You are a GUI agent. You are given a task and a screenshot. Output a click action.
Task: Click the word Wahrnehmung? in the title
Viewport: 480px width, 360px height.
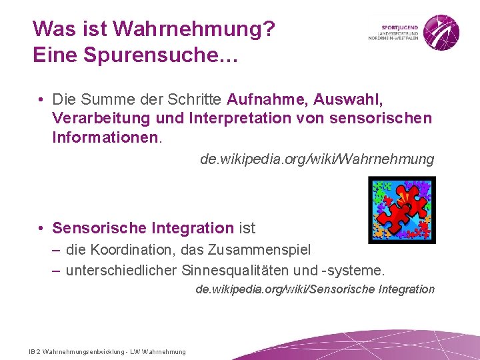point(194,29)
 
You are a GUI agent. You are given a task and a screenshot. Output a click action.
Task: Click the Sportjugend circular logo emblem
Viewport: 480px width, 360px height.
point(441,31)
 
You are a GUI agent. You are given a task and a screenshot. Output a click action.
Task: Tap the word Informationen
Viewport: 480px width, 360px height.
point(105,137)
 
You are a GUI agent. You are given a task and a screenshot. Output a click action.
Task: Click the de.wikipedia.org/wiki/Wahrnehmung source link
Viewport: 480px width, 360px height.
point(317,159)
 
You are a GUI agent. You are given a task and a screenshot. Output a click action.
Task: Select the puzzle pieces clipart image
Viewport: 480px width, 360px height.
point(402,209)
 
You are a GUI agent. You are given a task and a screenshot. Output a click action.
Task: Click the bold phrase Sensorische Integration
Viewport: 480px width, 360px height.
point(143,228)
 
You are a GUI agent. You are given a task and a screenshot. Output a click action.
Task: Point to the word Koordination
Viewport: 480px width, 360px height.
point(134,250)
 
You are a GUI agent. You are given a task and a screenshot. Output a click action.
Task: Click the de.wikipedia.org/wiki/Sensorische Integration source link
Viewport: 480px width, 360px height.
point(315,289)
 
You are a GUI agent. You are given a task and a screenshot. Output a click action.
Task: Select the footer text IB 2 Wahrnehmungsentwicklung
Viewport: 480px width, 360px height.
point(75,351)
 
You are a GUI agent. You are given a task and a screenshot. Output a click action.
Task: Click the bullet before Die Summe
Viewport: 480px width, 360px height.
point(41,100)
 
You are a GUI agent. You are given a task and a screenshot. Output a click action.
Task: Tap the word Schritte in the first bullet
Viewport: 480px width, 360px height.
point(197,100)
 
